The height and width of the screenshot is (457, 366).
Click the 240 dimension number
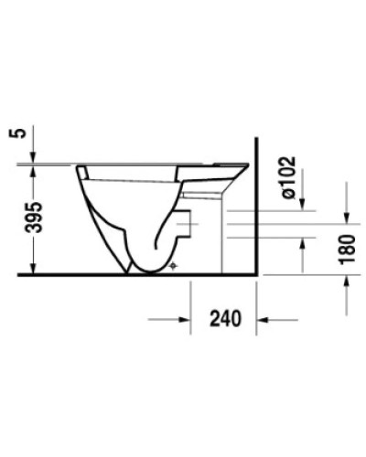[x=224, y=319]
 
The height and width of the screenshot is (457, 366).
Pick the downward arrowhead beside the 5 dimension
[x=34, y=156]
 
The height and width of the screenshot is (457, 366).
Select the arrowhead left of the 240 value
[x=182, y=319]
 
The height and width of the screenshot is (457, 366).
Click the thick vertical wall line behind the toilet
[x=256, y=210]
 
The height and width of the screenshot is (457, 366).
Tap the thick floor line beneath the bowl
[x=137, y=274]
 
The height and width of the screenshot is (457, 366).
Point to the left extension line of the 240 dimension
[x=189, y=302]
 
